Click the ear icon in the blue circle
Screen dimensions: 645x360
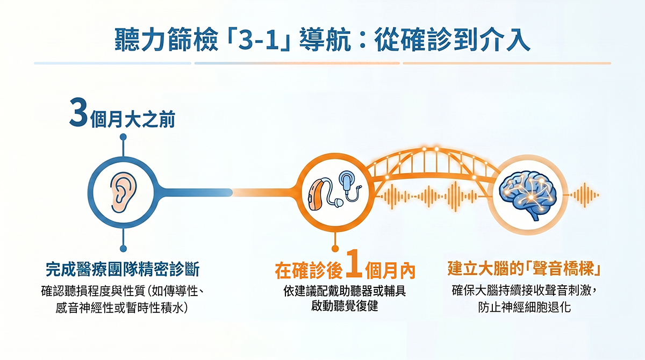[x=123, y=192]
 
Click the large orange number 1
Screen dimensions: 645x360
[x=354, y=264]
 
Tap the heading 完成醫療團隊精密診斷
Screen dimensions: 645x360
[x=123, y=270]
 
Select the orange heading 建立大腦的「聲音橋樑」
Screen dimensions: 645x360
[x=524, y=268]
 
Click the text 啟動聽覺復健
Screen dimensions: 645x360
[x=345, y=306]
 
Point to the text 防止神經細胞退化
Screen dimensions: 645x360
[x=525, y=307]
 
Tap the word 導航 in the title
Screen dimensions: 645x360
[x=325, y=40]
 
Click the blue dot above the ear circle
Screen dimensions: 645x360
[x=123, y=137]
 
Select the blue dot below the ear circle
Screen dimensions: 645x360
[x=123, y=249]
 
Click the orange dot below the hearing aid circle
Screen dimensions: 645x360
[x=335, y=249]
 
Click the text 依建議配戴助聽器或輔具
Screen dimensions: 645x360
[x=345, y=291]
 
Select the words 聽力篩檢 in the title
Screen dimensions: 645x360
[x=167, y=40]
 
